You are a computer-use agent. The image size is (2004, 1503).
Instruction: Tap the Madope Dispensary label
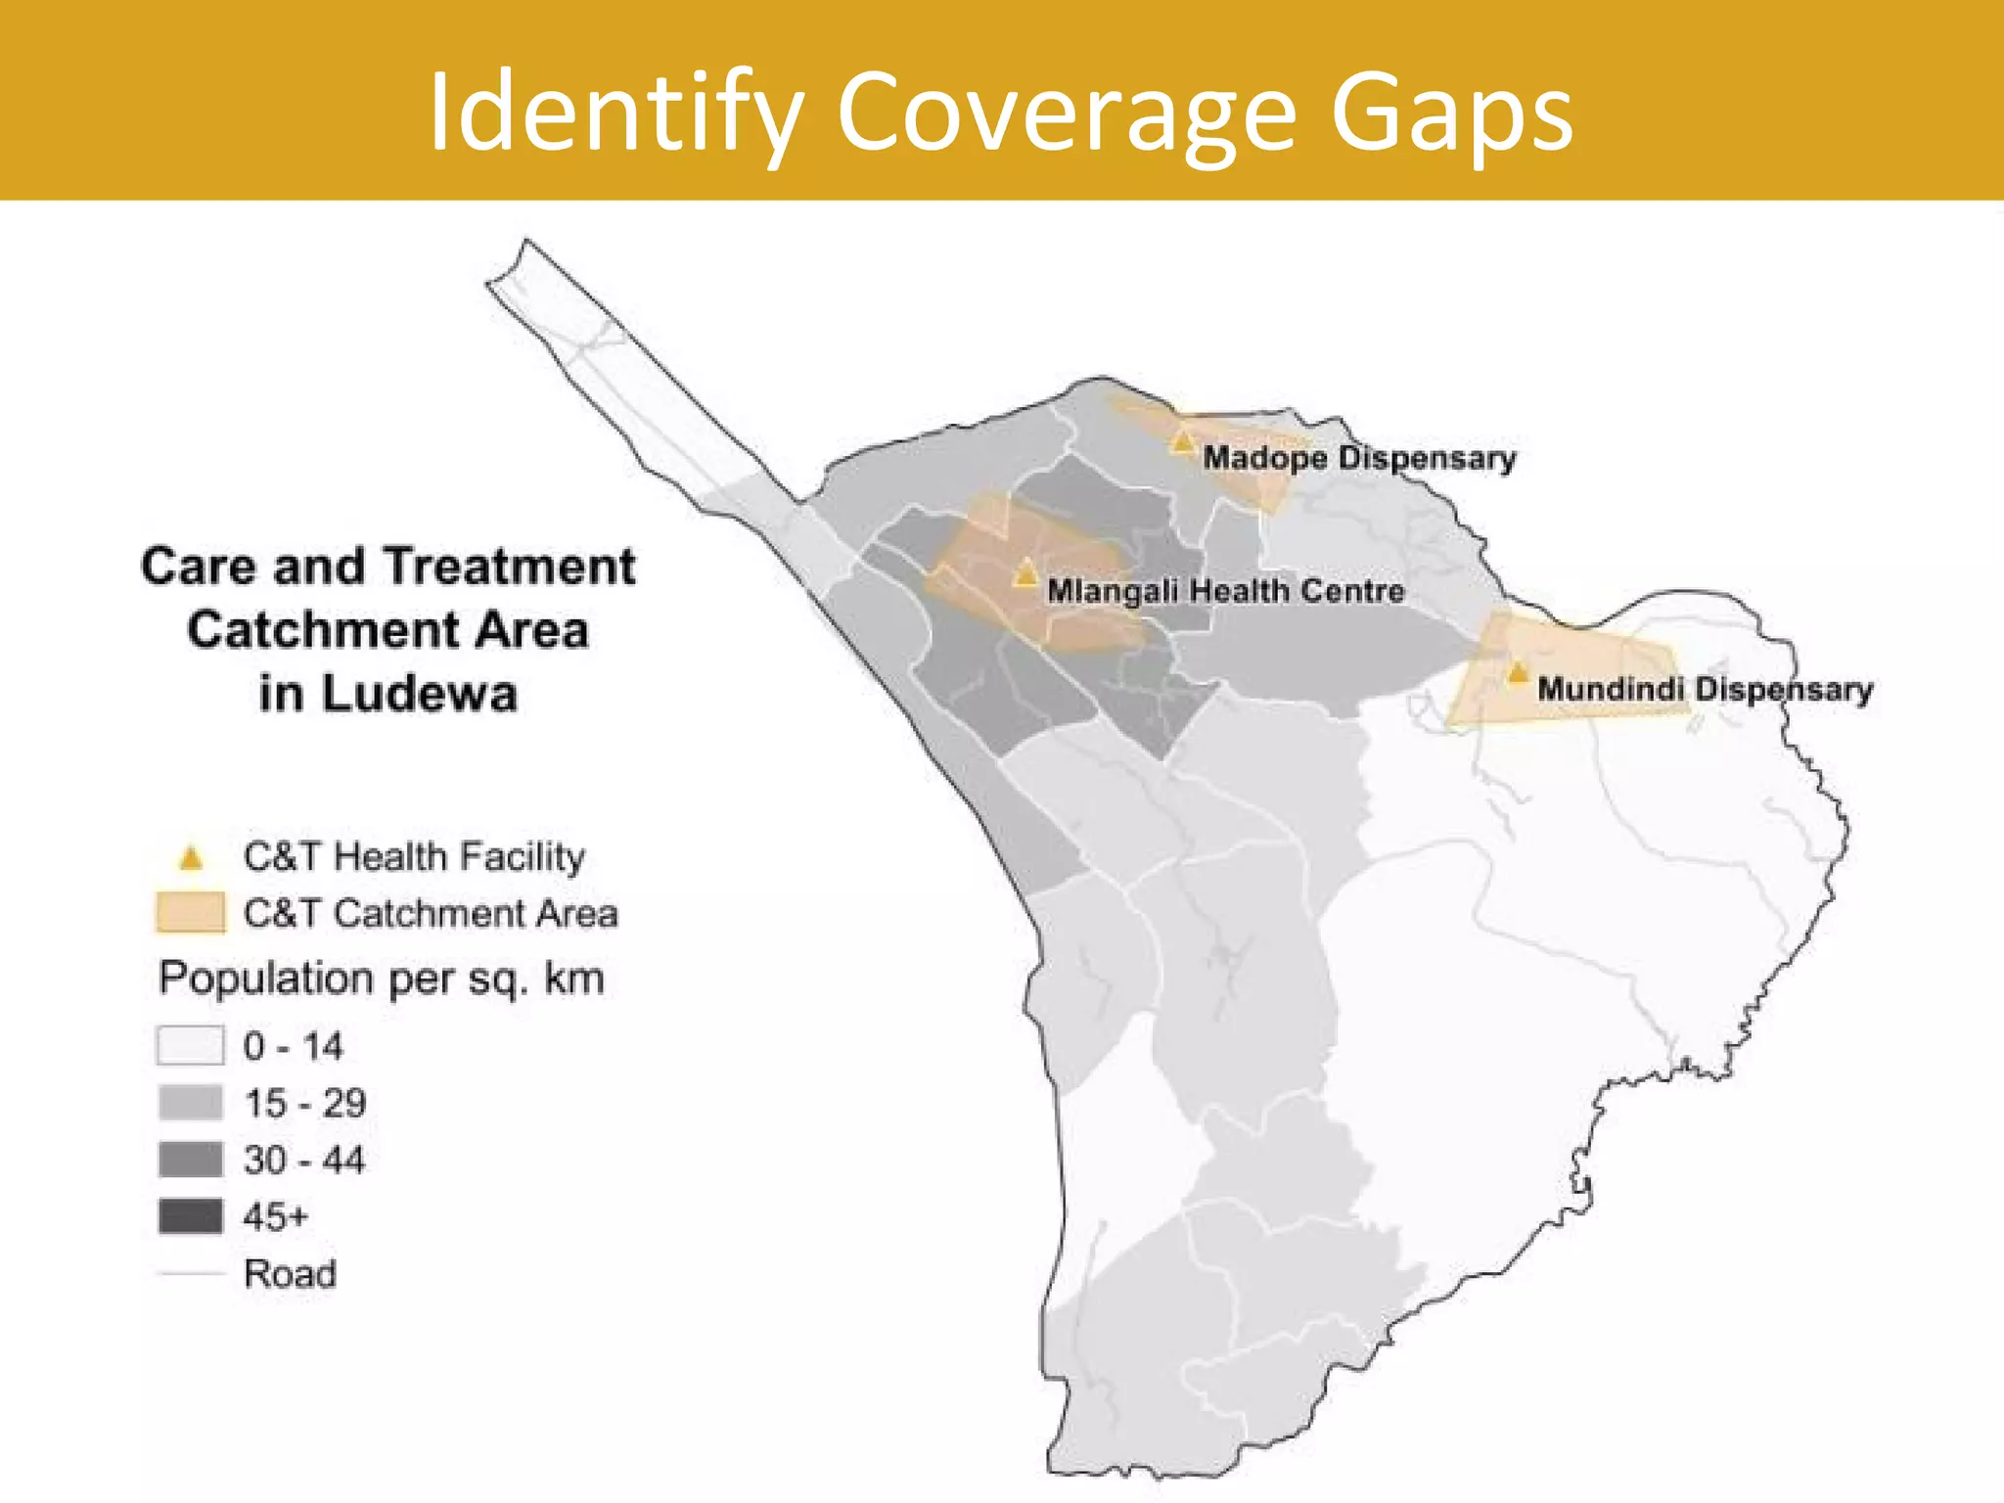point(1359,458)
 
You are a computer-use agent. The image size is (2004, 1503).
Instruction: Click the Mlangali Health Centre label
point(1225,591)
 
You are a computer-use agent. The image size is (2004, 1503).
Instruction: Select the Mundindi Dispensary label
point(1705,689)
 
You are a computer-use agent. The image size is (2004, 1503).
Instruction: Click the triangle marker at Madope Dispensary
point(1182,441)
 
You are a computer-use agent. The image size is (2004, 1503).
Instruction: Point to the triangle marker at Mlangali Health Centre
point(1025,573)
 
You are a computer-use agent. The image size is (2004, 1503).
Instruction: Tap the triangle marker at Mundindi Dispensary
point(1517,673)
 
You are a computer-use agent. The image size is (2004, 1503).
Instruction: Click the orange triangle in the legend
point(191,859)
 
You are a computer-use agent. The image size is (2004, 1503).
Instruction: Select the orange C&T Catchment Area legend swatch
point(191,912)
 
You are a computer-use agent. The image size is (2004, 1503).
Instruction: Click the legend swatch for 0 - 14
point(191,1045)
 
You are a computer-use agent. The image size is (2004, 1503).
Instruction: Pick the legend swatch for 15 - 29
point(191,1103)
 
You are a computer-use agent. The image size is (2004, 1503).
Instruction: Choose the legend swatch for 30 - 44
point(191,1160)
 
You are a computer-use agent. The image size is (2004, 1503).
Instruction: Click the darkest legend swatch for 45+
point(191,1216)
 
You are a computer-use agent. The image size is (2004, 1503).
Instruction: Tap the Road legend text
point(290,1274)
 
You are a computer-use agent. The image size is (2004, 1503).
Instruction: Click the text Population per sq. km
point(382,979)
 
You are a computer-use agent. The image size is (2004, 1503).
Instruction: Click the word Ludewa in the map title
point(419,694)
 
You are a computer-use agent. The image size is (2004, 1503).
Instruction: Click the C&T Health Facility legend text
point(414,857)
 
